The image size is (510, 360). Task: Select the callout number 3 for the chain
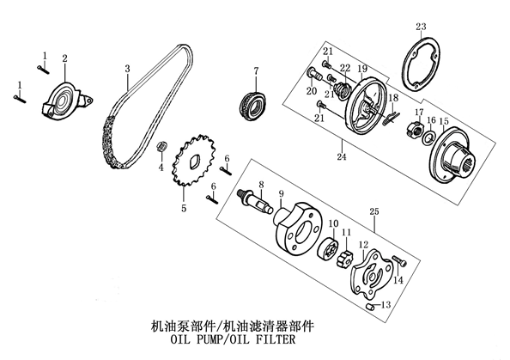[x=127, y=69]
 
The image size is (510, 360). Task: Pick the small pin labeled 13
[x=369, y=307]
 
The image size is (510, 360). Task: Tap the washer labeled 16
[x=428, y=138]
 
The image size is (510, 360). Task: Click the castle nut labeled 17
[x=414, y=128]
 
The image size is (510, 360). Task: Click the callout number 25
[x=374, y=211]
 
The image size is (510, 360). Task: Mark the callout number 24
[x=342, y=156]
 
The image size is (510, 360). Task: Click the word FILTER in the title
[x=276, y=339]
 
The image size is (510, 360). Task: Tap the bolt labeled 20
[x=314, y=76]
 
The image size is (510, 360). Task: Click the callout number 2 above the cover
[x=64, y=58]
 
